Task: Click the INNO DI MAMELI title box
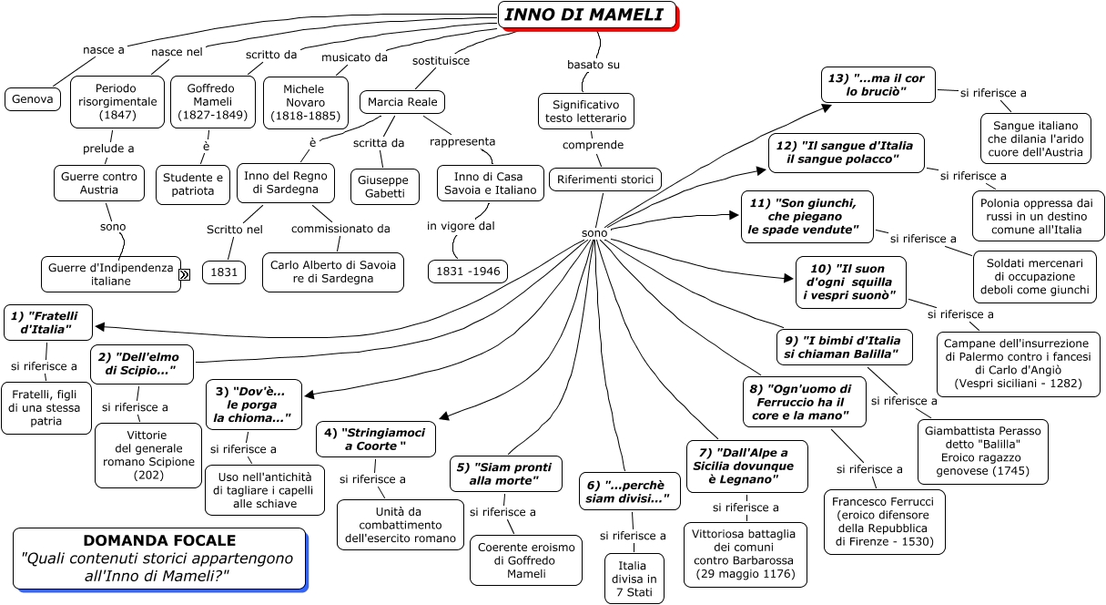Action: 587,15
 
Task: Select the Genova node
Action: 33,98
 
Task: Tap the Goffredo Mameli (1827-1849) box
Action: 213,102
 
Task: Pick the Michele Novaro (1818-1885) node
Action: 304,102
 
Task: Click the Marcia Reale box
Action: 401,101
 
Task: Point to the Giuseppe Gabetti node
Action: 385,187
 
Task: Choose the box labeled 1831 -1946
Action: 468,272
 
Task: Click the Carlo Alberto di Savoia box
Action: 333,272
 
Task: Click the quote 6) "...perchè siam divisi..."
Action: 630,492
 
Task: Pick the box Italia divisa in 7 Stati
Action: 634,579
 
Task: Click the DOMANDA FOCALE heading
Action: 159,540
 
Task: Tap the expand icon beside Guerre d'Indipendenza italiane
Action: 184,274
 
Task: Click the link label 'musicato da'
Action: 354,57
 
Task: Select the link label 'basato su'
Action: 594,65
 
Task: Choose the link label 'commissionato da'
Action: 340,229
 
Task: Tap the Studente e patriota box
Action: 193,184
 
